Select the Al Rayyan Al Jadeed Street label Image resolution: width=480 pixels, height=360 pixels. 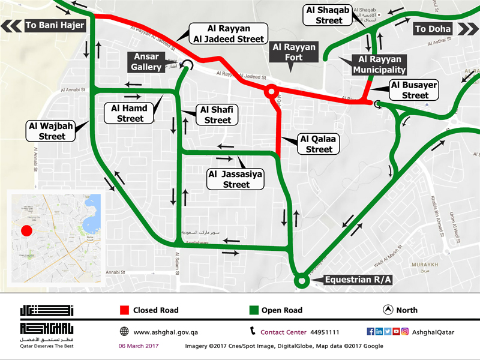[x=228, y=34]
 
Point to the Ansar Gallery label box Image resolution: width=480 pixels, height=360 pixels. [x=146, y=62]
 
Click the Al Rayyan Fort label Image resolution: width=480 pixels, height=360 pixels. [x=295, y=52]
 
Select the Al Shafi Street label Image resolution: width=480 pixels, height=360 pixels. [x=217, y=115]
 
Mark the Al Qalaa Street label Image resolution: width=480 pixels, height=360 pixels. [x=319, y=144]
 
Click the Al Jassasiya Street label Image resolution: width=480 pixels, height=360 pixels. [x=236, y=179]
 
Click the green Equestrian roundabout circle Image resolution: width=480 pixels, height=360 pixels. [x=301, y=280]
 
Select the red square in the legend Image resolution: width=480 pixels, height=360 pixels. [x=125, y=310]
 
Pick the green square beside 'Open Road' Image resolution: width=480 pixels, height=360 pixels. [x=254, y=310]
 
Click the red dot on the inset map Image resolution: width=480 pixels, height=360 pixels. [x=26, y=231]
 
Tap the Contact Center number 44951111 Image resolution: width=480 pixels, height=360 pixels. [x=325, y=332]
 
